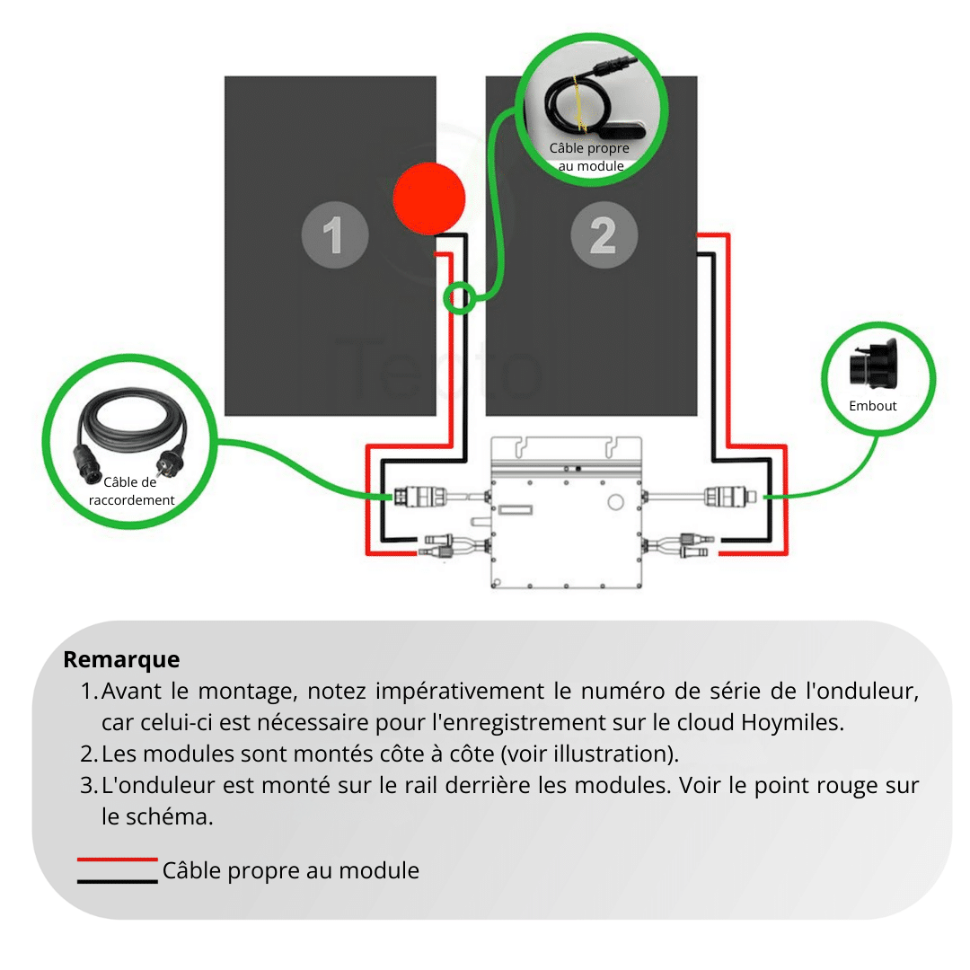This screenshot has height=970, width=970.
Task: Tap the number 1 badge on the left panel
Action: [334, 236]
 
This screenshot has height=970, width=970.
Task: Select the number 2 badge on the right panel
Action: [604, 236]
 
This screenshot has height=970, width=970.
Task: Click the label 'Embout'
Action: [872, 406]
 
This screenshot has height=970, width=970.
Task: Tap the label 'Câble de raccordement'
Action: [132, 491]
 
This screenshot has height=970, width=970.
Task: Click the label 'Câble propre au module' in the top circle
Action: [589, 157]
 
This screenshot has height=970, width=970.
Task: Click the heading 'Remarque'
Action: [121, 659]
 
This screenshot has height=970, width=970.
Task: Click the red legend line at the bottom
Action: [117, 860]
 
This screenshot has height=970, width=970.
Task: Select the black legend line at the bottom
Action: [117, 881]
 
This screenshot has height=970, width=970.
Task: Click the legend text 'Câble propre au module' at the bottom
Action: [290, 870]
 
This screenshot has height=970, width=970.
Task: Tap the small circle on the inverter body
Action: [615, 499]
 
